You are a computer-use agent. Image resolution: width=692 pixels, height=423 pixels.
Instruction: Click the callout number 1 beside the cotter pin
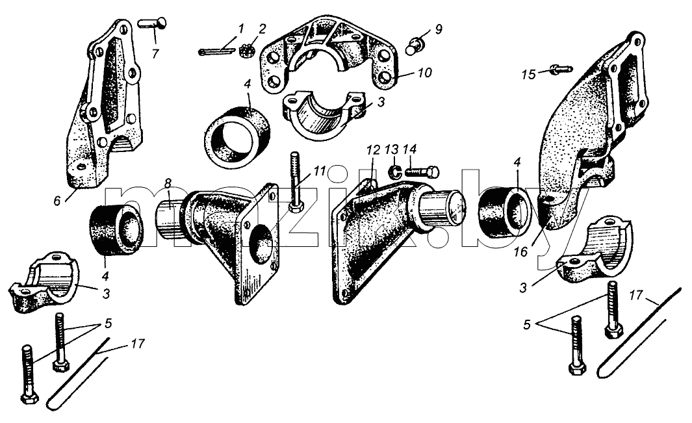(240, 30)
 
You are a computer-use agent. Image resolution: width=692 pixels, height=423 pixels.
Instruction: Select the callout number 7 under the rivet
(155, 54)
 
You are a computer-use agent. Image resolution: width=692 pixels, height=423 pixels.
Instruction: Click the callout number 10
(424, 72)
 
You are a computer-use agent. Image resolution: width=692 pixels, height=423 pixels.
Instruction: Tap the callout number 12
(373, 150)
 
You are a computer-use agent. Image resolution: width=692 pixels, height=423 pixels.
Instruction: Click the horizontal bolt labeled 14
(421, 170)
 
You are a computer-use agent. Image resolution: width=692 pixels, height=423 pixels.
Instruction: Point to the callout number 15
(529, 74)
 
